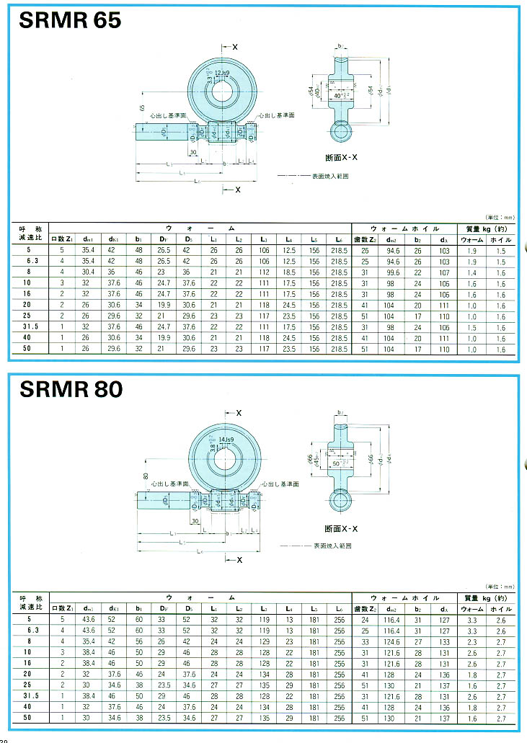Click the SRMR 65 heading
coord(70,20)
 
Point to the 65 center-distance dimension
coord(142,107)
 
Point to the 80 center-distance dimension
coord(145,476)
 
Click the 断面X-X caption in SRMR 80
coord(344,529)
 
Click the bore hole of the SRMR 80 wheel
coord(226,459)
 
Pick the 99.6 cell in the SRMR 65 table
coord(393,272)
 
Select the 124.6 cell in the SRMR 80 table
coord(393,641)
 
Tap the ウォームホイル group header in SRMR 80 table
coord(404,597)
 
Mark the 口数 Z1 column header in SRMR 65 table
coord(62,239)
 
